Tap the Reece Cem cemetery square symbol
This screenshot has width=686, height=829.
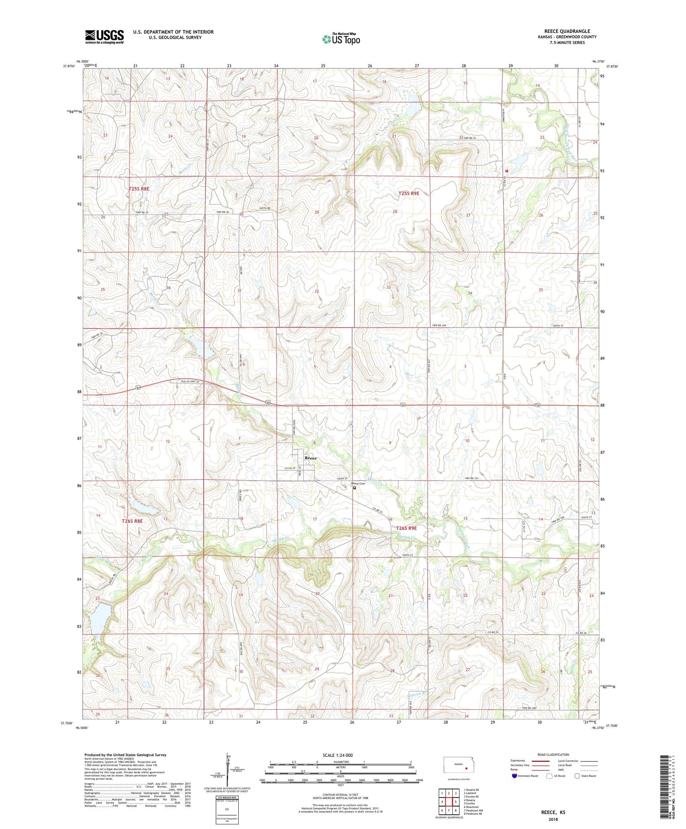(x=354, y=488)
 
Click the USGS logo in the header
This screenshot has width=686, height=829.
(x=104, y=37)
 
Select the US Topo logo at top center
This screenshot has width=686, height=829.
(x=341, y=39)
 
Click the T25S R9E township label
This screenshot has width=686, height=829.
(x=408, y=193)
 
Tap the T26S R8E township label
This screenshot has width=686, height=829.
(x=132, y=521)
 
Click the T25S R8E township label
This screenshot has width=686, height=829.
(x=139, y=188)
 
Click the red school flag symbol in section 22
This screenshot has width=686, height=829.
(x=506, y=171)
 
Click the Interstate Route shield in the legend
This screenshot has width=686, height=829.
(x=514, y=776)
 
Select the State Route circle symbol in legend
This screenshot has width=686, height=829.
(x=577, y=776)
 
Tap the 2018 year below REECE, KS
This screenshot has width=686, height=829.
(x=552, y=819)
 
